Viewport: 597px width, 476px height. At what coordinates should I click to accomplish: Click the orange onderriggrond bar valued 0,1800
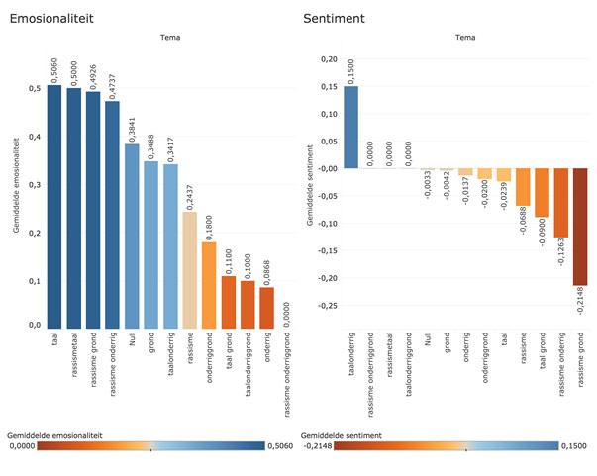(x=209, y=284)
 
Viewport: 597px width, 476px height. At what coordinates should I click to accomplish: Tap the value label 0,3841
(x=132, y=127)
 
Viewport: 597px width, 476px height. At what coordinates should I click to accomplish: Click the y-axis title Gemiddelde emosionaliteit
(x=18, y=188)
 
